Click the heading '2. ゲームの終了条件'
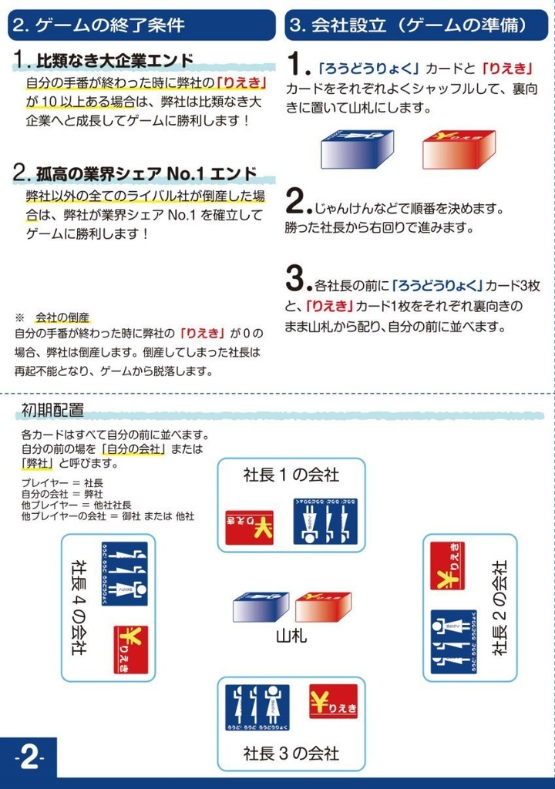pyautogui.click(x=99, y=25)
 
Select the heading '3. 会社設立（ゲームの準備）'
pyautogui.click(x=409, y=25)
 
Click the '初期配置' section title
pyautogui.click(x=52, y=410)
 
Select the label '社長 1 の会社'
pyautogui.click(x=291, y=475)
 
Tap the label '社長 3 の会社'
pyautogui.click(x=291, y=751)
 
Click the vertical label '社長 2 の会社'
pyautogui.click(x=500, y=607)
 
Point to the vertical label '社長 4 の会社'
pyautogui.click(x=78, y=607)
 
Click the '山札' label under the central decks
pyautogui.click(x=291, y=636)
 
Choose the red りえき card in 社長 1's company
pyautogui.click(x=249, y=527)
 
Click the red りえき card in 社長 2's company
pyautogui.click(x=447, y=566)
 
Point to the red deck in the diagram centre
pyautogui.click(x=323, y=607)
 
